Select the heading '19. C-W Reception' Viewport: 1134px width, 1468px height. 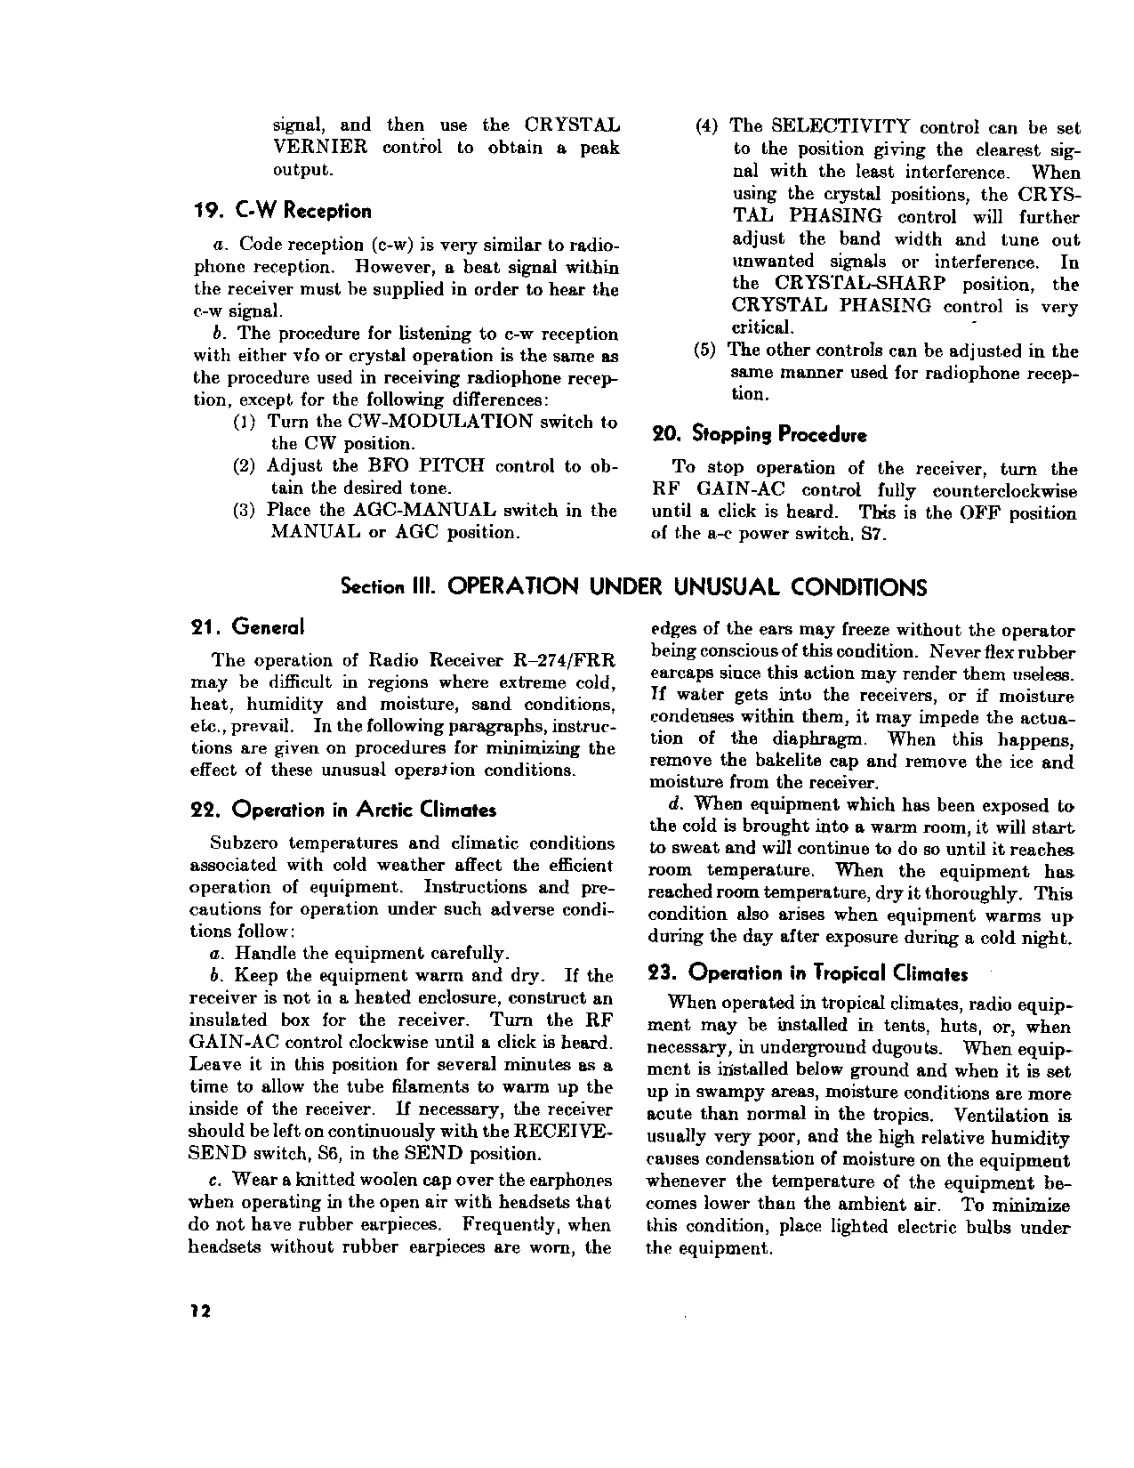coord(283,211)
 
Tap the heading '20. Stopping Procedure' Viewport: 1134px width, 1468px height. coord(760,435)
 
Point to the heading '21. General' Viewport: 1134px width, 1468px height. coord(248,627)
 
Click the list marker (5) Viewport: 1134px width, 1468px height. coord(704,351)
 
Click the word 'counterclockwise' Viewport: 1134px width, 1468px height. coord(1005,492)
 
